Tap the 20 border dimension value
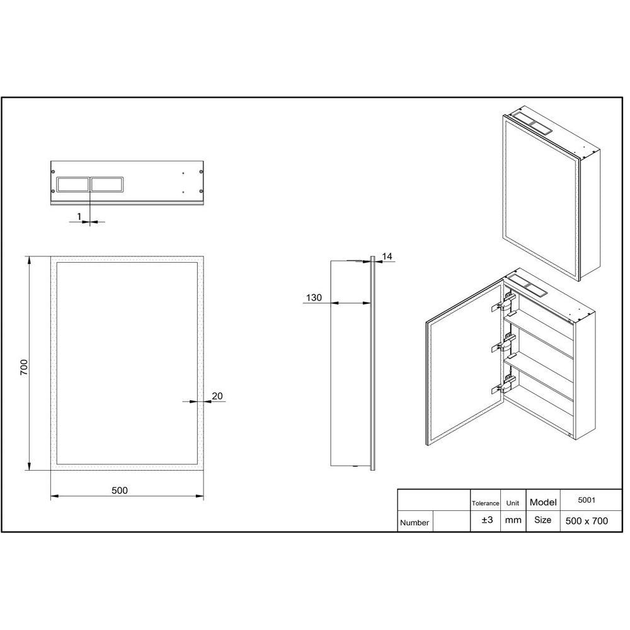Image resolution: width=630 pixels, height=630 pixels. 217,396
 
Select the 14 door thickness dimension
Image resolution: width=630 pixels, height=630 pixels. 387,256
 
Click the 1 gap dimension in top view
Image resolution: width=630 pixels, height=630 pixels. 79,216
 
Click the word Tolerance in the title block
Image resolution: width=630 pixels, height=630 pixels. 485,503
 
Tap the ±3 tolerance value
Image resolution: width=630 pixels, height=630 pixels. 486,520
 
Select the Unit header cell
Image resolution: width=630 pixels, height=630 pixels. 513,503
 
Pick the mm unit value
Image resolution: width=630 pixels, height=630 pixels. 513,520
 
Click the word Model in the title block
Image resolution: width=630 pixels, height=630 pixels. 543,502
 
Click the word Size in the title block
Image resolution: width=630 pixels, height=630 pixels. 542,520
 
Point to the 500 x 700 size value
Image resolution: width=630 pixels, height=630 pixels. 587,520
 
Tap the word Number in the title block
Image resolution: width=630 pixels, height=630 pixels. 415,522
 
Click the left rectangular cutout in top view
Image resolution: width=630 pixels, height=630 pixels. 72,184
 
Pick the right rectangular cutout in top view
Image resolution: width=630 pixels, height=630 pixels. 108,184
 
